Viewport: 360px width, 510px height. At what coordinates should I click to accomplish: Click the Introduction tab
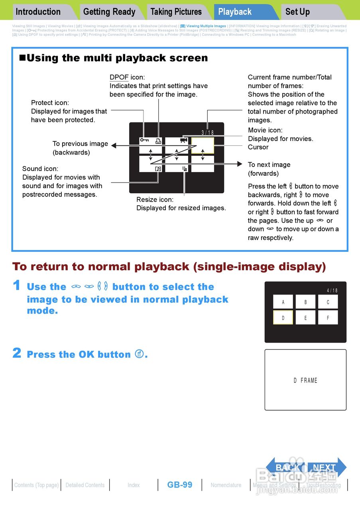point(38,12)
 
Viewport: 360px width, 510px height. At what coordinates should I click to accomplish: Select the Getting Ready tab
point(109,12)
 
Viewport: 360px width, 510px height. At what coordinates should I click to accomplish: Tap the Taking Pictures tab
point(176,12)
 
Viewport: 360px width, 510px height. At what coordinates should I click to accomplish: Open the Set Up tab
point(297,12)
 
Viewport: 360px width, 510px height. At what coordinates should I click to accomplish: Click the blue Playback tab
point(235,12)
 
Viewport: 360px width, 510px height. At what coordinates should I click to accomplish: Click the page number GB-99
point(180,485)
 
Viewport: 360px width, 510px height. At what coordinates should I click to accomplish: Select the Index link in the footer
point(134,485)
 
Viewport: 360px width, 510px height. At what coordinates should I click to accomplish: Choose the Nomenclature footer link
point(226,485)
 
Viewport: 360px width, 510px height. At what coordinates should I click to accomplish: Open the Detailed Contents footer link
point(85,485)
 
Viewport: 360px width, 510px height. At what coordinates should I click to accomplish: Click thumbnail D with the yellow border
point(283,318)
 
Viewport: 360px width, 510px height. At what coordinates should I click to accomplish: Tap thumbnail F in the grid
point(328,318)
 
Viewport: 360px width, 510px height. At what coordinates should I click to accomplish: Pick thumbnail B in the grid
point(305,302)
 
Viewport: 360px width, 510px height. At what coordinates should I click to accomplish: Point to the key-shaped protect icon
point(144,140)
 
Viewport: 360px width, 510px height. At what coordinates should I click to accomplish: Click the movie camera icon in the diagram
point(183,140)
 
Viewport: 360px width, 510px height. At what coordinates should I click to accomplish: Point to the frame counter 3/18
point(207,132)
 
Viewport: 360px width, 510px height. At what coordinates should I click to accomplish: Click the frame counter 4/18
point(332,290)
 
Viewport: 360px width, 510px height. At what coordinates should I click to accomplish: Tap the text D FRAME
point(305,381)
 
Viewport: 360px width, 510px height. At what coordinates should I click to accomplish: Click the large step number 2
point(17,353)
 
